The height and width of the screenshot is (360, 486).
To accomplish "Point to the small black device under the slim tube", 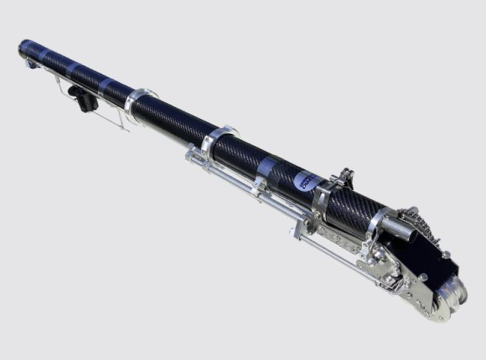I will (x=85, y=101).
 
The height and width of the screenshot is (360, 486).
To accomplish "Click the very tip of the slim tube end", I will (x=23, y=46).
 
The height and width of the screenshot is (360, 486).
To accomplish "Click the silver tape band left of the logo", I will (x=266, y=168).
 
